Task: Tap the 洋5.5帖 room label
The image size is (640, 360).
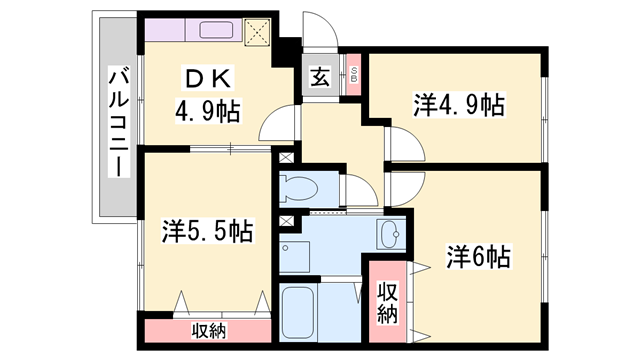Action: (x=208, y=232)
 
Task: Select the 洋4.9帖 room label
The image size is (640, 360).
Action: (x=458, y=104)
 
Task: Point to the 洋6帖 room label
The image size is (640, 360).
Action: (x=478, y=257)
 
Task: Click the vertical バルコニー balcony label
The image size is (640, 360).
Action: (x=118, y=119)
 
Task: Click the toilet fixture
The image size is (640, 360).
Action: (x=301, y=187)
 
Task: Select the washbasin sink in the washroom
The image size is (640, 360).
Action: (x=391, y=236)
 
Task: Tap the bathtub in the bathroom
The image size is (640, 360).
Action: (x=300, y=314)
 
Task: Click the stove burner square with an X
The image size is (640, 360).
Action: (x=258, y=32)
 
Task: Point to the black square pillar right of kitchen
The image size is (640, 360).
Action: (x=289, y=49)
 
